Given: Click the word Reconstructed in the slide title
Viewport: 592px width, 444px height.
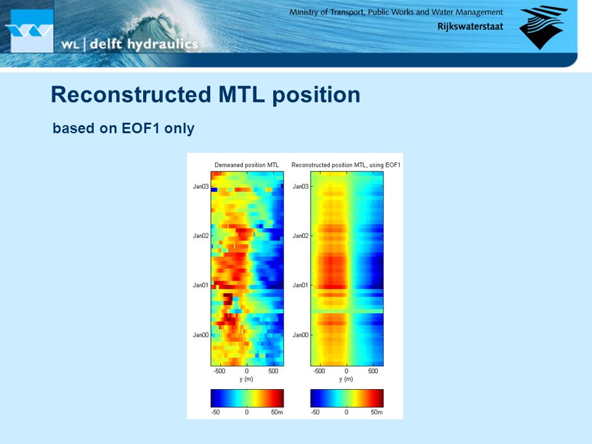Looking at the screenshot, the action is pyautogui.click(x=131, y=94).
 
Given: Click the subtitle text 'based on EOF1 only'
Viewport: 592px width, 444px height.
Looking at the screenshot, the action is pyautogui.click(x=123, y=128).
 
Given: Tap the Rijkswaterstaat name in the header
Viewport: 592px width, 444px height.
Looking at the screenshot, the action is pyautogui.click(x=470, y=27).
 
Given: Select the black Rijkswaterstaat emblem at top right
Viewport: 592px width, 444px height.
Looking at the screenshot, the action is pyautogui.click(x=543, y=27).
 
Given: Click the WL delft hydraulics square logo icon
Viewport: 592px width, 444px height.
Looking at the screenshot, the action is pyautogui.click(x=31, y=31).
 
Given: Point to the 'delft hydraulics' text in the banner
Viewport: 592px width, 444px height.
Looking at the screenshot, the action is pyautogui.click(x=144, y=44).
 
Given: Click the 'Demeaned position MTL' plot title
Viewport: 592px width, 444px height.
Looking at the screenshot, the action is pyautogui.click(x=247, y=165).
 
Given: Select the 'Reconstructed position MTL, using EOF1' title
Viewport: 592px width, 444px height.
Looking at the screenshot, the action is pyautogui.click(x=346, y=165).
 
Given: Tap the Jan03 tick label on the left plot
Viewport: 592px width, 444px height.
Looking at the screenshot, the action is pyautogui.click(x=200, y=186).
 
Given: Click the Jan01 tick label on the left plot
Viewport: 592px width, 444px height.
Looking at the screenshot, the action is pyautogui.click(x=200, y=285).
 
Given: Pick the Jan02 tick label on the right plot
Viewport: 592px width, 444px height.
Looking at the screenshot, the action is pyautogui.click(x=300, y=236).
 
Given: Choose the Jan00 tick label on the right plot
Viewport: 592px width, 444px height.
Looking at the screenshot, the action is pyautogui.click(x=300, y=335).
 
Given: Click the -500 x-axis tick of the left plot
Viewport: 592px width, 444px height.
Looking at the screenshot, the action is pyautogui.click(x=220, y=371).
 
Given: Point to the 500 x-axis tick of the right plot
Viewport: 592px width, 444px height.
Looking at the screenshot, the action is pyautogui.click(x=373, y=371).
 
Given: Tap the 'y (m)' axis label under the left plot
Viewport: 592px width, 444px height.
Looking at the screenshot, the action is pyautogui.click(x=246, y=379).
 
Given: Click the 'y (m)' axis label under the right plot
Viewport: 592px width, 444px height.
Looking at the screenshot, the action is pyautogui.click(x=346, y=379).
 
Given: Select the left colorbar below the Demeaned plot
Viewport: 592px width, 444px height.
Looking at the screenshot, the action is pyautogui.click(x=247, y=398).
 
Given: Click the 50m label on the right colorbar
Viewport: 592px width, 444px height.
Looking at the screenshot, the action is pyautogui.click(x=376, y=412).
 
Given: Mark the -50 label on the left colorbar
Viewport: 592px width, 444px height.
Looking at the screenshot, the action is pyautogui.click(x=215, y=412).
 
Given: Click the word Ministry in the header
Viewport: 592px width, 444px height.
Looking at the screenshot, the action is pyautogui.click(x=304, y=12).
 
